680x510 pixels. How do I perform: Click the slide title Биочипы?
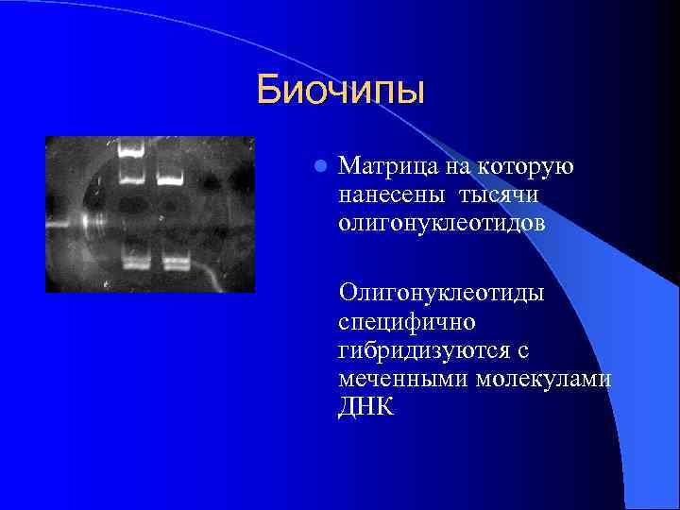click(341, 92)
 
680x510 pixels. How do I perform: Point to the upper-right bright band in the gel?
click(168, 177)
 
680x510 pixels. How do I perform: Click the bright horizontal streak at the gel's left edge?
click(71, 226)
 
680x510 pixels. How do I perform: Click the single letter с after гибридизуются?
click(521, 350)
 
